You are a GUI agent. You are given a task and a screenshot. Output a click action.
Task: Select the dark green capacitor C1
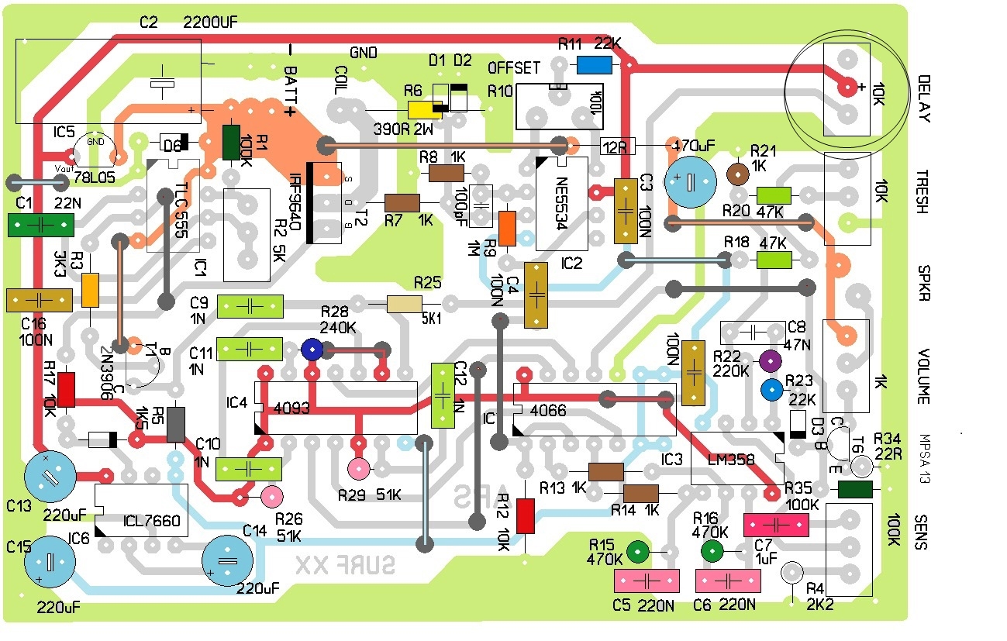41,225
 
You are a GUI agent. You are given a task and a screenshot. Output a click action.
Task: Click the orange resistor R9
507,228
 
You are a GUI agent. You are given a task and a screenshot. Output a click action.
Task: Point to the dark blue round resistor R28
312,350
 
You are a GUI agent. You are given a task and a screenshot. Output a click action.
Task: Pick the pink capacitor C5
647,580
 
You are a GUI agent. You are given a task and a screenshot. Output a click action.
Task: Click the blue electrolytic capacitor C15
50,561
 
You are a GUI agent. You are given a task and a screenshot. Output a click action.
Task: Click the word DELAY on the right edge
923,98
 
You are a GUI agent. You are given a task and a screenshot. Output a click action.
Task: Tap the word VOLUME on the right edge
923,377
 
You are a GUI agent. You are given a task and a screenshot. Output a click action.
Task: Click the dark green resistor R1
231,143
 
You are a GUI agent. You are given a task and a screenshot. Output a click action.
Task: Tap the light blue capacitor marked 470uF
687,180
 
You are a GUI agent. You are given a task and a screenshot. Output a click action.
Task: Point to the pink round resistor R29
359,468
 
